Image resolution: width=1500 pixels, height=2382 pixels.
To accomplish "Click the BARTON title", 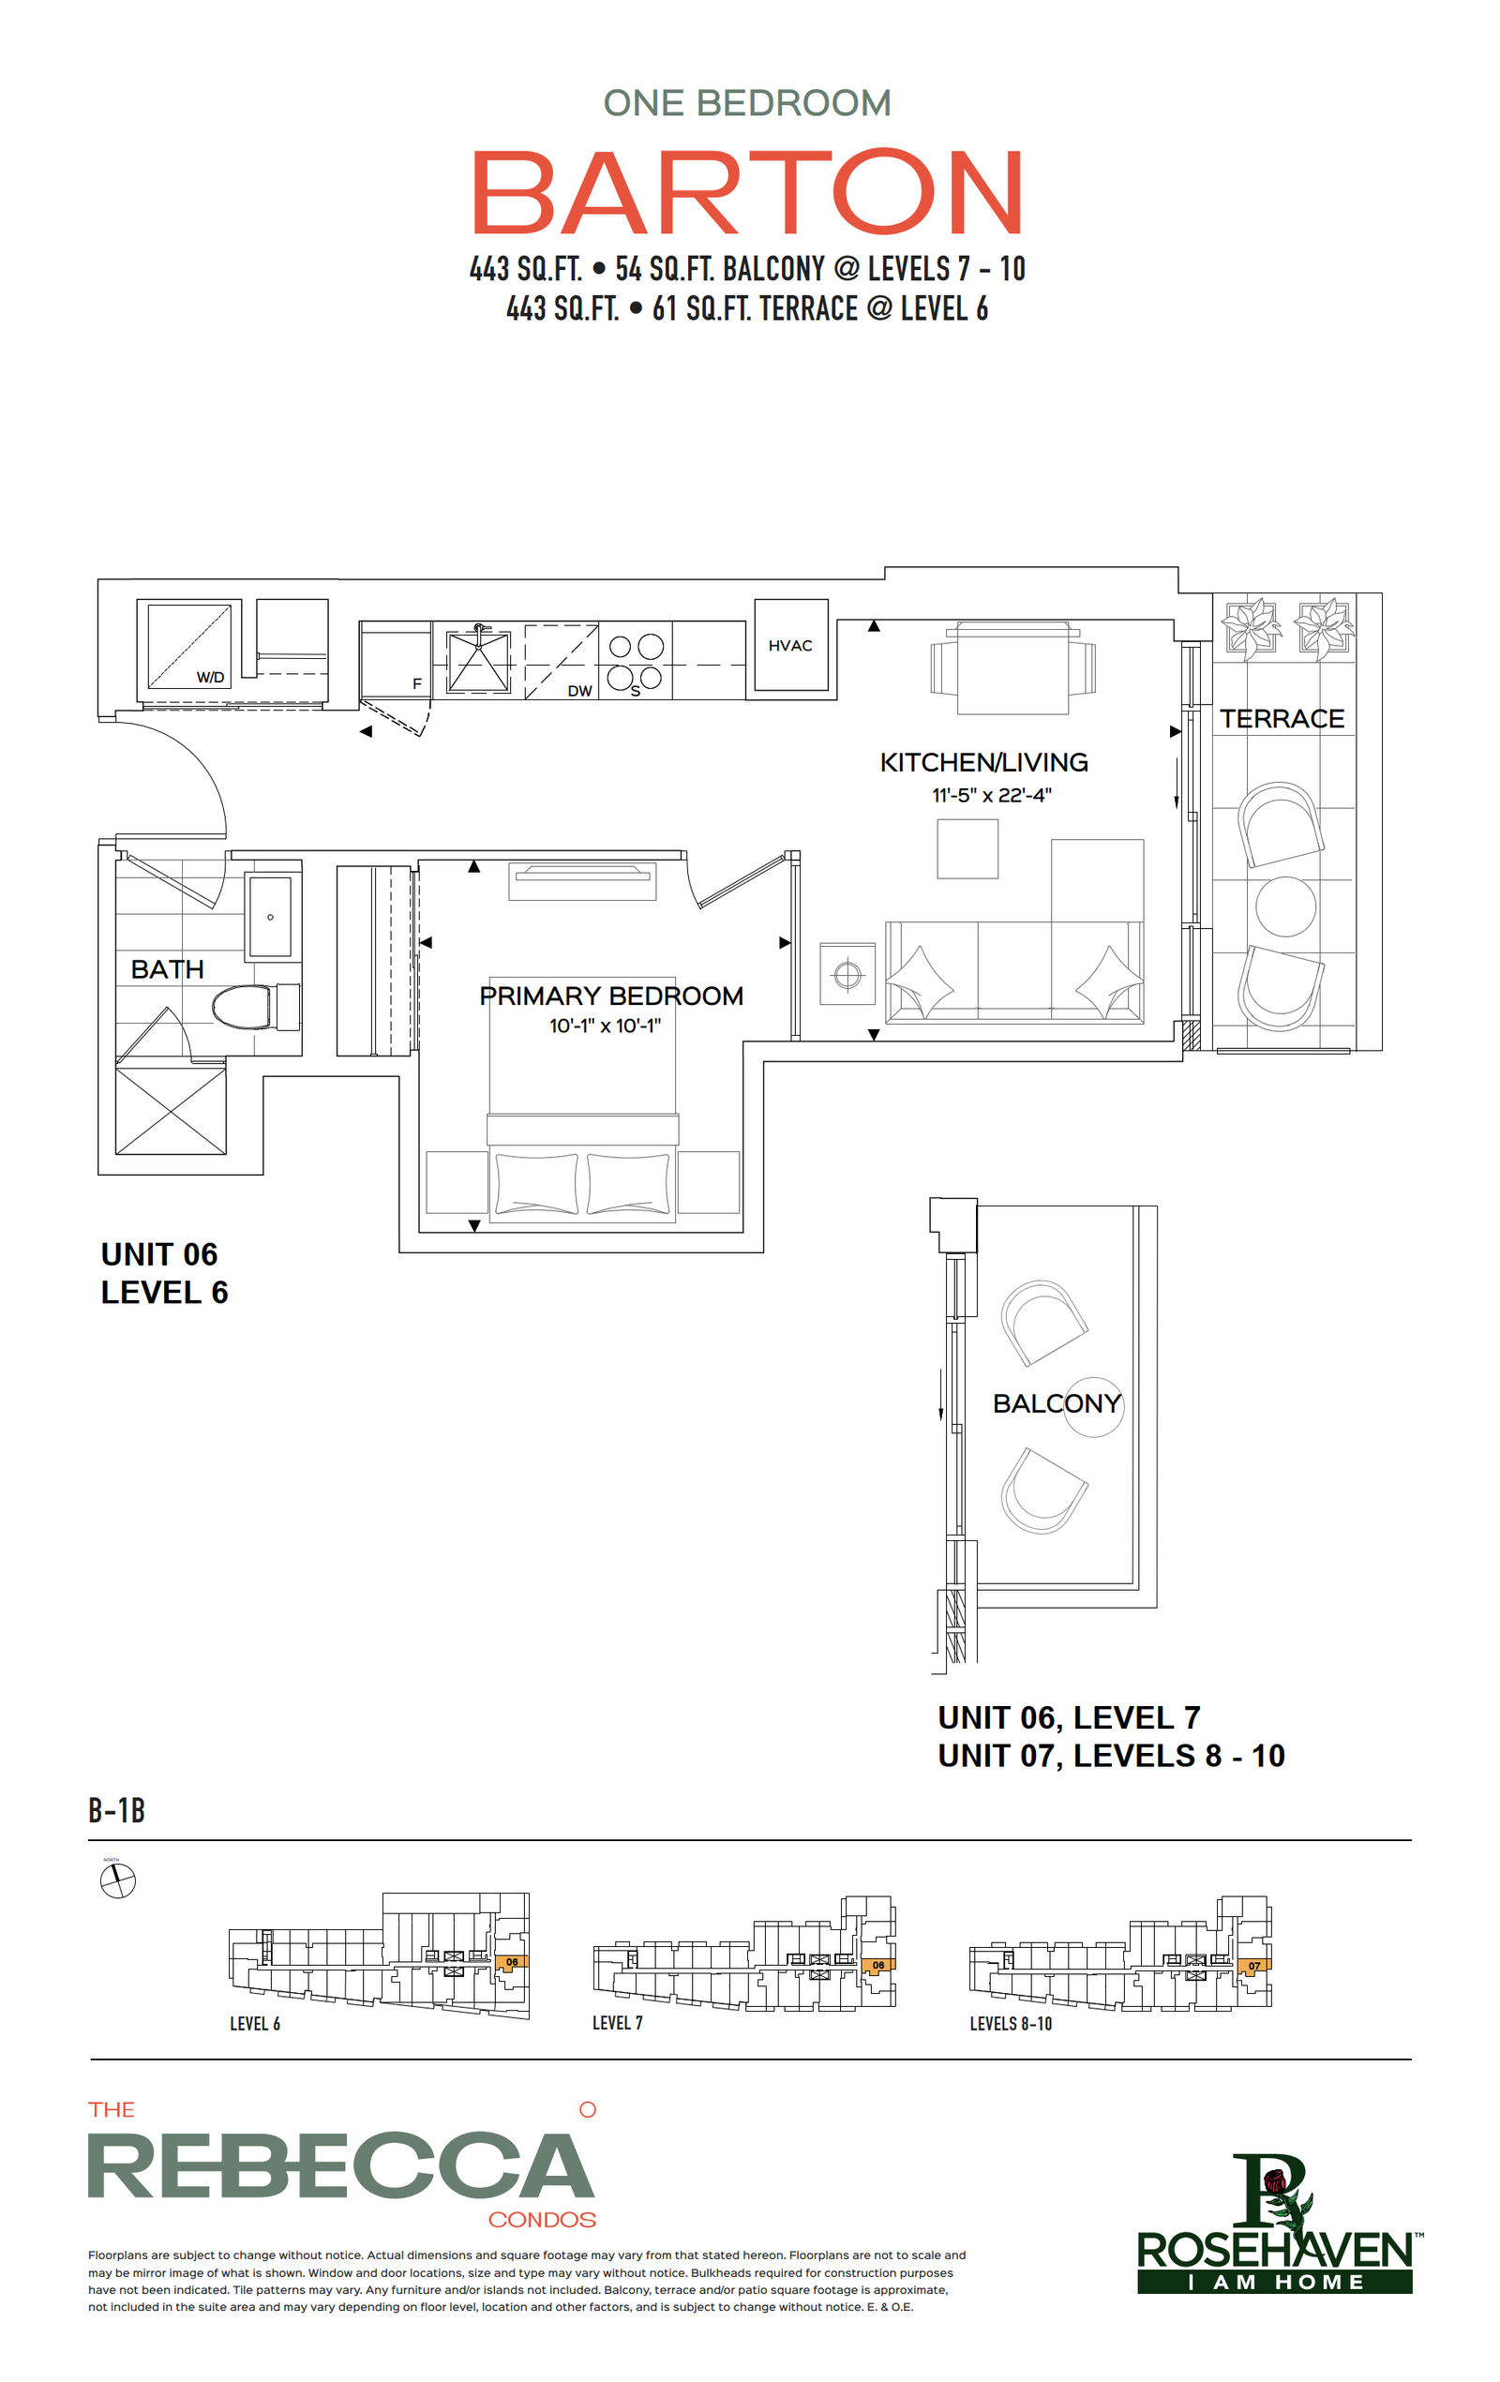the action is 747,192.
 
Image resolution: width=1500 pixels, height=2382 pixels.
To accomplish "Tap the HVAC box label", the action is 789,646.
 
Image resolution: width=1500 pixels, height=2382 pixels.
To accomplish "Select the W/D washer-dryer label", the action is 210,678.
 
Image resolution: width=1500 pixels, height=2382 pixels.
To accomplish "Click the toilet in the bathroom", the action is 255,1007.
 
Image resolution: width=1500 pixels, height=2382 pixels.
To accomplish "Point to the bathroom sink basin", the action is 270,916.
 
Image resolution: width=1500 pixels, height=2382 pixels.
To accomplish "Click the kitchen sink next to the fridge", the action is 479,661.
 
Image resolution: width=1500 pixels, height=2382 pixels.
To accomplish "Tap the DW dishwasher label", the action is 579,691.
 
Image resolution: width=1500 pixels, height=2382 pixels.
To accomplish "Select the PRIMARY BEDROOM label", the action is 611,996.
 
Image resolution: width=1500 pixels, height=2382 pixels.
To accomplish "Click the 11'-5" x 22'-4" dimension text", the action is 992,795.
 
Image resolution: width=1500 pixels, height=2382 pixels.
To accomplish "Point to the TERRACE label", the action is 1282,719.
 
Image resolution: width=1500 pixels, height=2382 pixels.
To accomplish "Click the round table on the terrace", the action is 1285,906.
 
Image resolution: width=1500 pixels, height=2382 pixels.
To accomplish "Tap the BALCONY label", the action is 1057,1403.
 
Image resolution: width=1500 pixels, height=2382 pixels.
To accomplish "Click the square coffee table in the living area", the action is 967,848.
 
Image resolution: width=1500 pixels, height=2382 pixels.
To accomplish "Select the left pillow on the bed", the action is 536,1183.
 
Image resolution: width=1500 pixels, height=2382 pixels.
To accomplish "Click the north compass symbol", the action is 118,1880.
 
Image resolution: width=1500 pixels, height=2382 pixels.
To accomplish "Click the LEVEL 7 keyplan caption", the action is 618,2023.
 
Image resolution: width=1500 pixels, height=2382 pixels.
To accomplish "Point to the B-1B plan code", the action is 117,1810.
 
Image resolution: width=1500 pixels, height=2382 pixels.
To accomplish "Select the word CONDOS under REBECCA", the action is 542,2220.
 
